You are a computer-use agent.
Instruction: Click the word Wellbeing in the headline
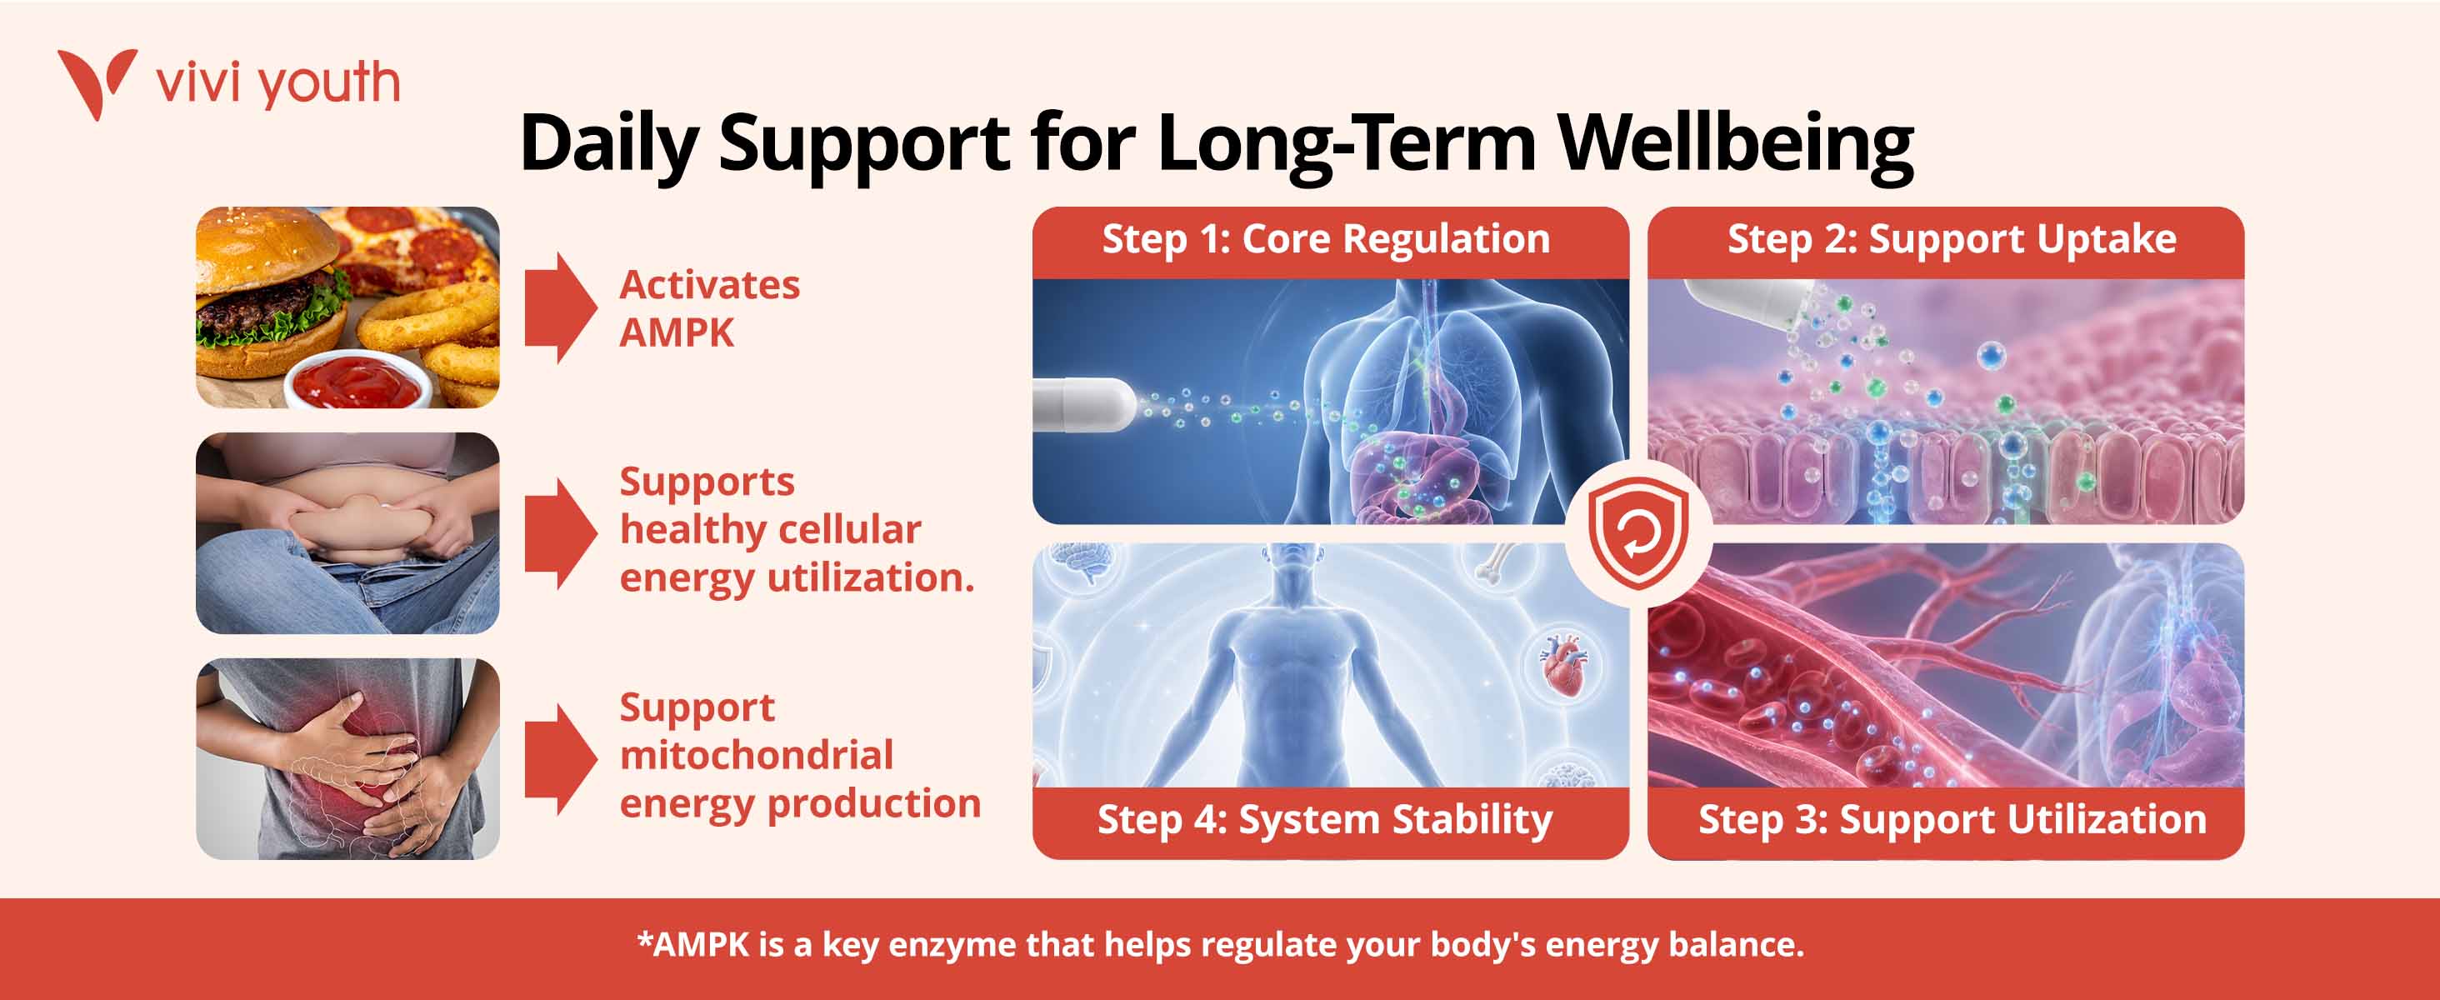pos(1735,146)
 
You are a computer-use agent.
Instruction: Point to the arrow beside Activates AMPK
pos(561,307)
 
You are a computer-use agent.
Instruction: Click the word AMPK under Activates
pos(677,333)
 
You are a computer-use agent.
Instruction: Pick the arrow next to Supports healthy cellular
pos(561,533)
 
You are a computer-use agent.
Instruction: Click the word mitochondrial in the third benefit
pos(757,755)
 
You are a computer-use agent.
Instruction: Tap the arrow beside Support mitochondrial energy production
pos(561,759)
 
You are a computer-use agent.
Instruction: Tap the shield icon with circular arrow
pos(1637,534)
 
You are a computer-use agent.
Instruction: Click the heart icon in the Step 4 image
pos(1562,665)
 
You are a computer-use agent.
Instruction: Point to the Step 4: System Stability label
pos(1325,820)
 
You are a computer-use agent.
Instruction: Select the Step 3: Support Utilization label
pos(1952,820)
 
